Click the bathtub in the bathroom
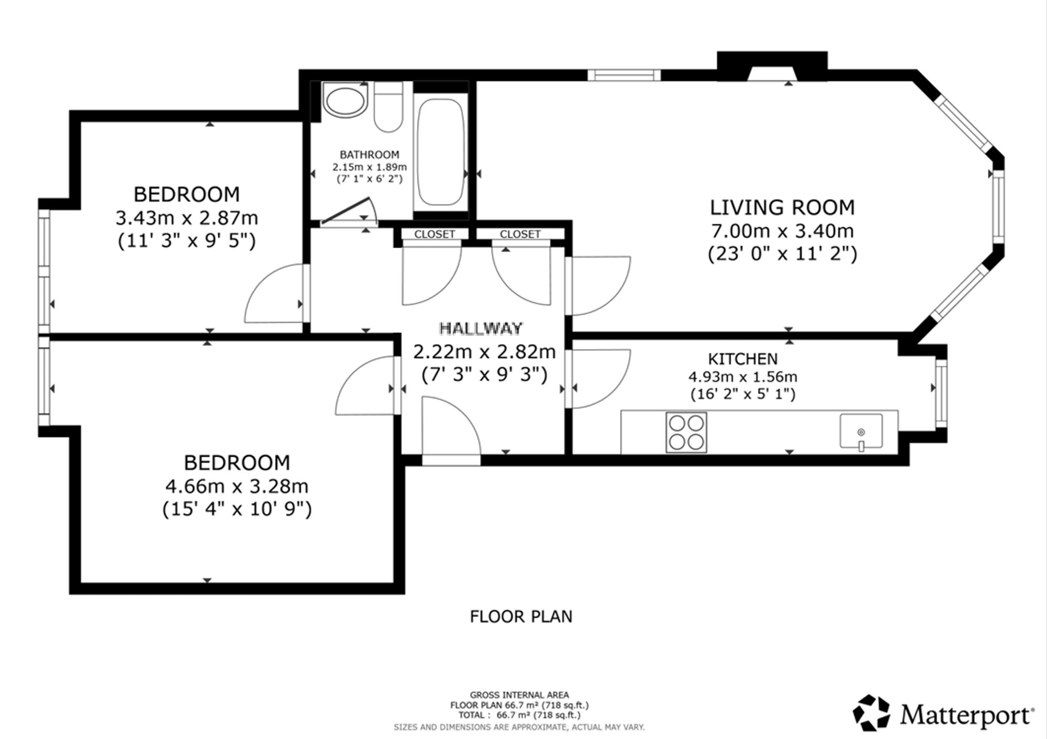(440, 152)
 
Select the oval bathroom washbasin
(344, 101)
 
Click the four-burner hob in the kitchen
(686, 432)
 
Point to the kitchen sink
(861, 432)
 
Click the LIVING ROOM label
(782, 207)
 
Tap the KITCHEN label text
(743, 359)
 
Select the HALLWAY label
(481, 328)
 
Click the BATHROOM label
(370, 155)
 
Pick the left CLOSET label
(435, 234)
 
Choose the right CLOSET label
(520, 234)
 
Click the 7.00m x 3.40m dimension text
(782, 230)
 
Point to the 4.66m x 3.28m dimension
(237, 486)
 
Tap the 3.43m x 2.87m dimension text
(187, 217)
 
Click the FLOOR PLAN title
(521, 616)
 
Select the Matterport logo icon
(871, 712)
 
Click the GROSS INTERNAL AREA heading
(519, 695)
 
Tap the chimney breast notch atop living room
(772, 66)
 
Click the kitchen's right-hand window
(941, 393)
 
